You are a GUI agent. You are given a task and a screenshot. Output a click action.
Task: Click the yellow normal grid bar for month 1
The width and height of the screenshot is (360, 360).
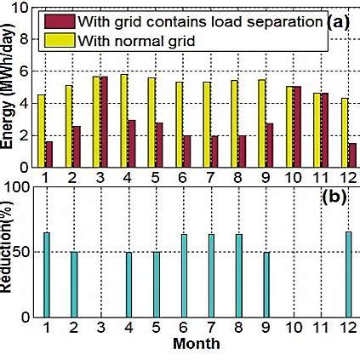[41, 131]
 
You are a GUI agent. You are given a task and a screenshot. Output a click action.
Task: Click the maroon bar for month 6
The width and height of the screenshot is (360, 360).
[186, 151]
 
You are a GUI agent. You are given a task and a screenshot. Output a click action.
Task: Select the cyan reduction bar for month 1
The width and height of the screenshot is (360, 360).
[47, 274]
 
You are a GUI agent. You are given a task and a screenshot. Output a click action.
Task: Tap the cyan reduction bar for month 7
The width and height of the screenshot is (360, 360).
[210, 275]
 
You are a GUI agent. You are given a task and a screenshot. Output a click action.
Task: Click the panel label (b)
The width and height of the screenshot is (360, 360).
[337, 199]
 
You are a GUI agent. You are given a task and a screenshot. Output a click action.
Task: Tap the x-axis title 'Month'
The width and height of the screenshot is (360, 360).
[197, 345]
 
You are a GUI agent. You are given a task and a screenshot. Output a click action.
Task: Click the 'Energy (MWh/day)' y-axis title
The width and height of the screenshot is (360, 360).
[8, 102]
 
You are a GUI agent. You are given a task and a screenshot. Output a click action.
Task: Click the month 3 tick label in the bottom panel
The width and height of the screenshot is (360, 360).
[101, 328]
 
